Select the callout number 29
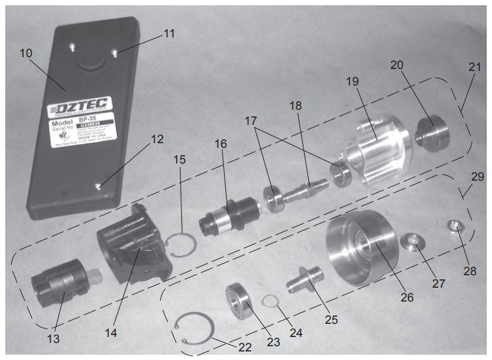(477, 177)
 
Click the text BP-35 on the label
(97, 122)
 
